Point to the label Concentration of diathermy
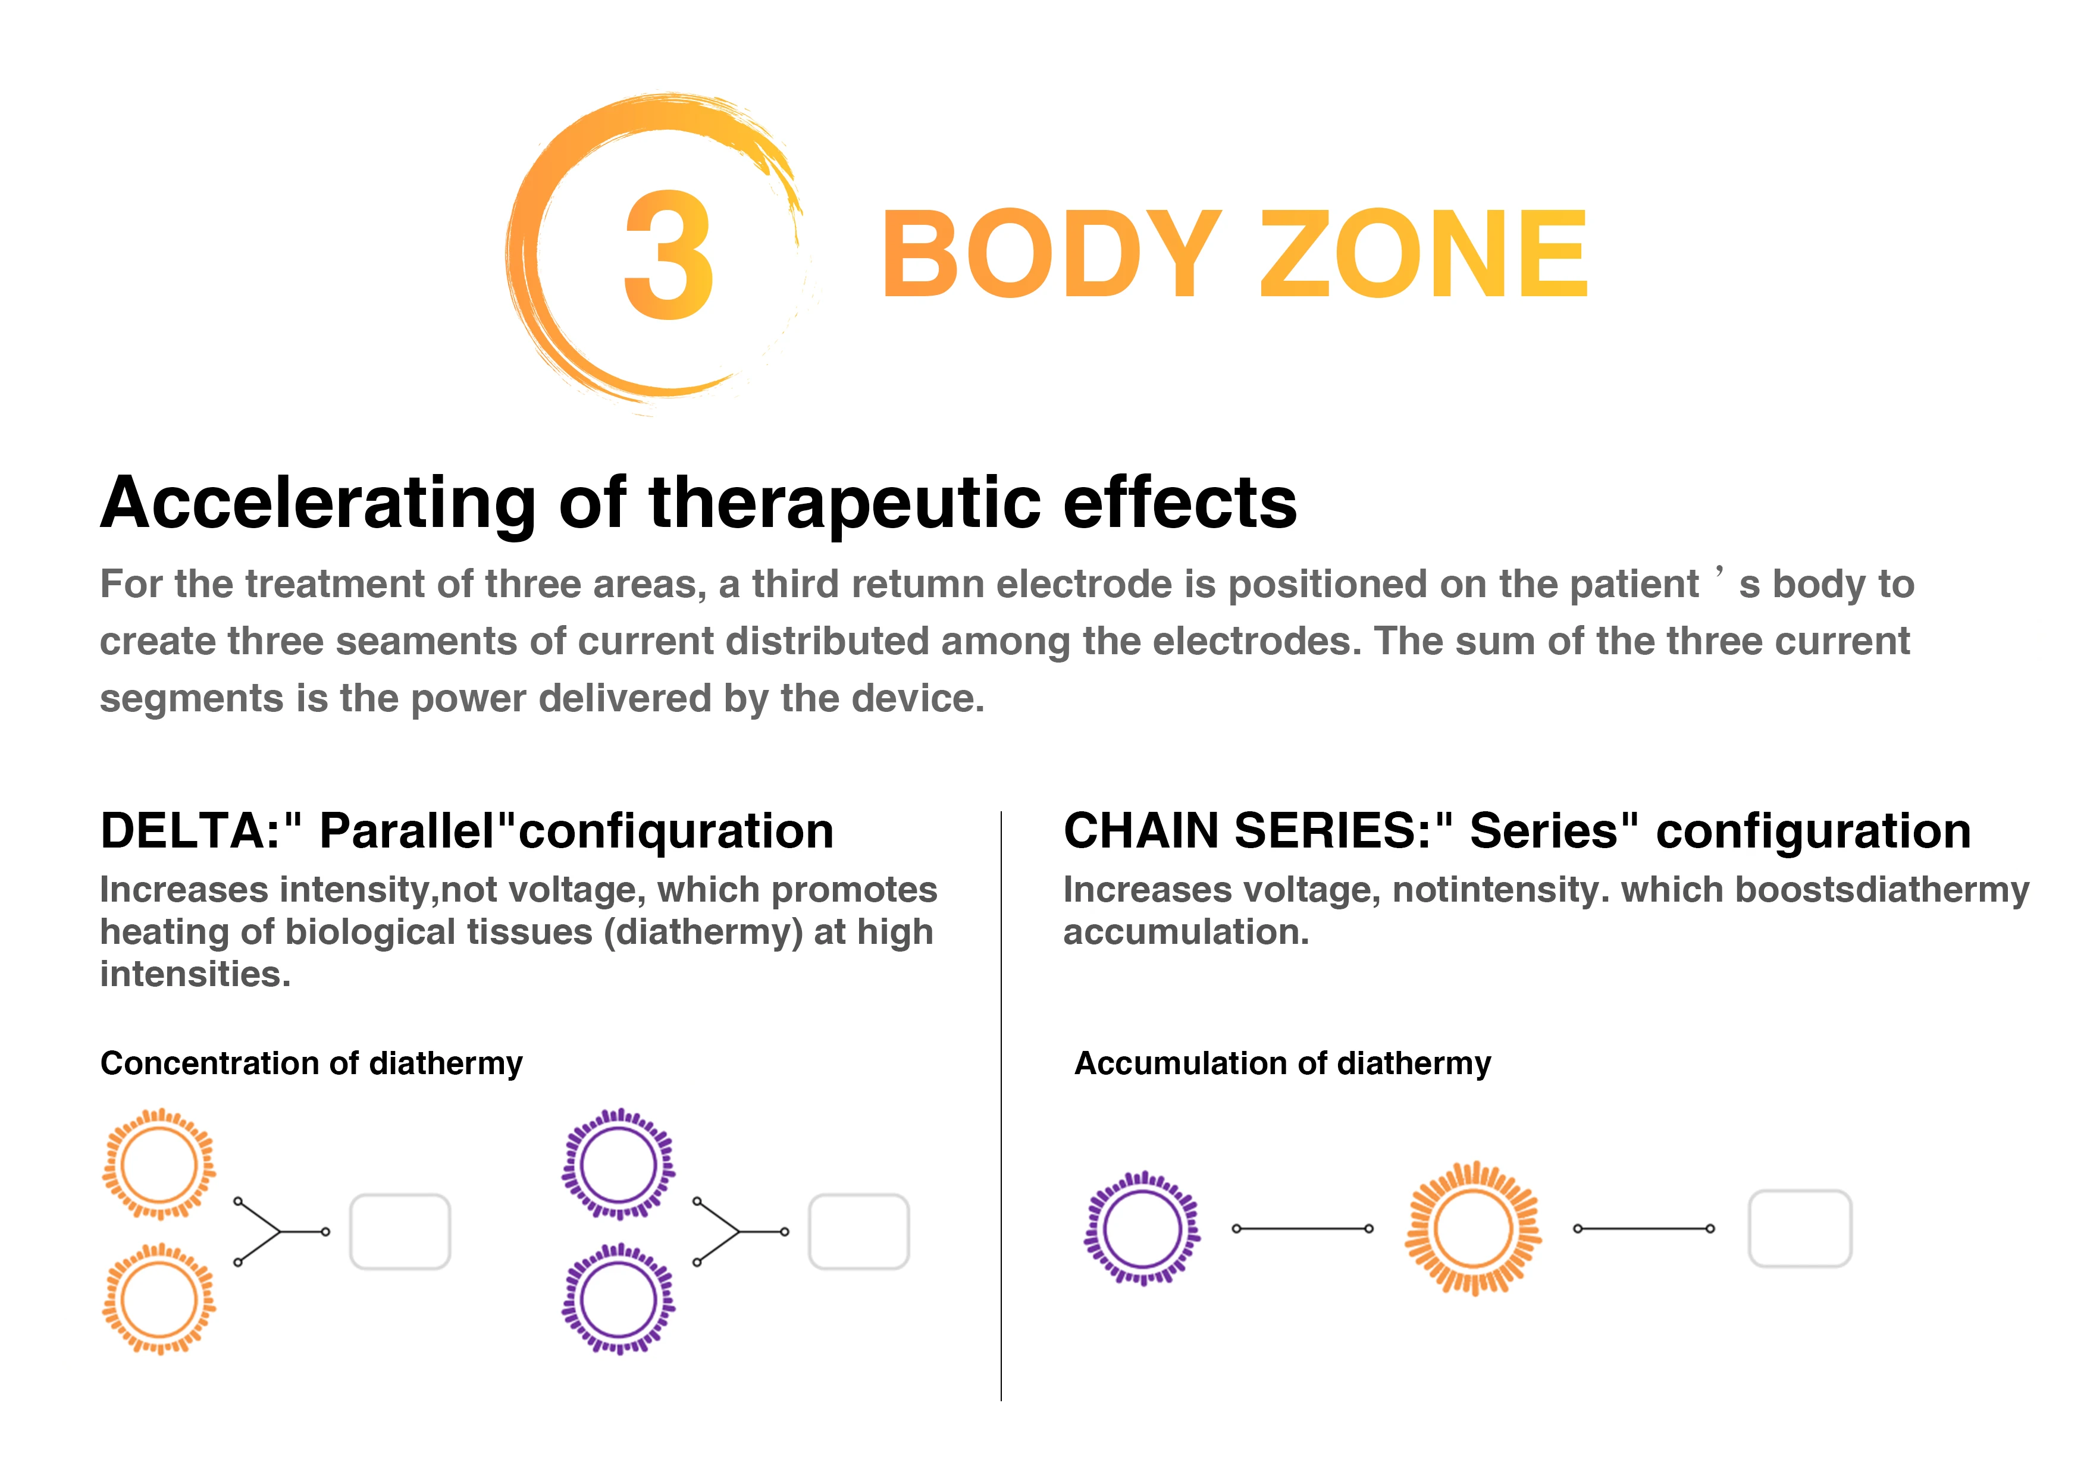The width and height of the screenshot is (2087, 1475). (x=312, y=1063)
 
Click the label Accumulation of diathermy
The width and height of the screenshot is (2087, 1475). (x=1283, y=1063)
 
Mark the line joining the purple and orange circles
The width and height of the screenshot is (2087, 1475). (x=1302, y=1229)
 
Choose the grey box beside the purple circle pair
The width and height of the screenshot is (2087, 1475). (x=859, y=1231)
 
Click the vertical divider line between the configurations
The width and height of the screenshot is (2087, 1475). (x=1001, y=1106)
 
